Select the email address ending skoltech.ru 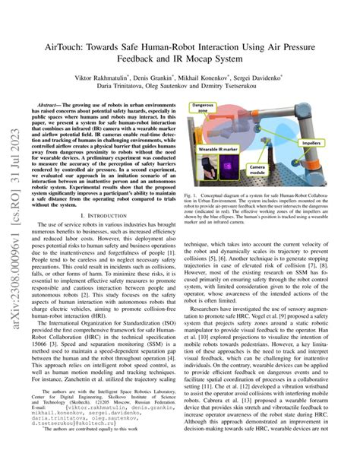[88, 439]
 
